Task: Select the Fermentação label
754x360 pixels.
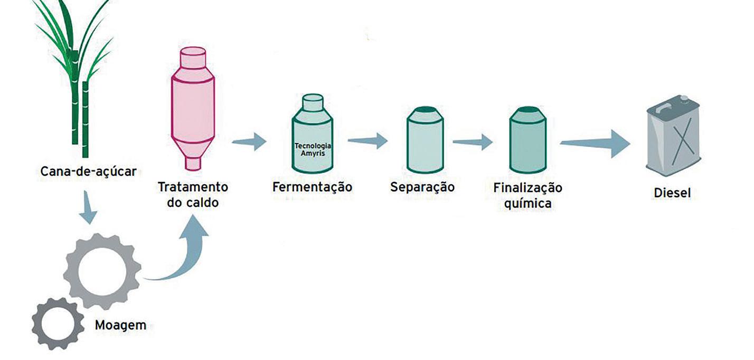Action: [x=312, y=187]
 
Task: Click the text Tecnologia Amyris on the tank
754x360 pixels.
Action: [x=313, y=148]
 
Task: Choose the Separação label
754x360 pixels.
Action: [x=422, y=187]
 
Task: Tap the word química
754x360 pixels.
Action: [x=527, y=203]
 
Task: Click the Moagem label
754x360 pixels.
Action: [x=120, y=325]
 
